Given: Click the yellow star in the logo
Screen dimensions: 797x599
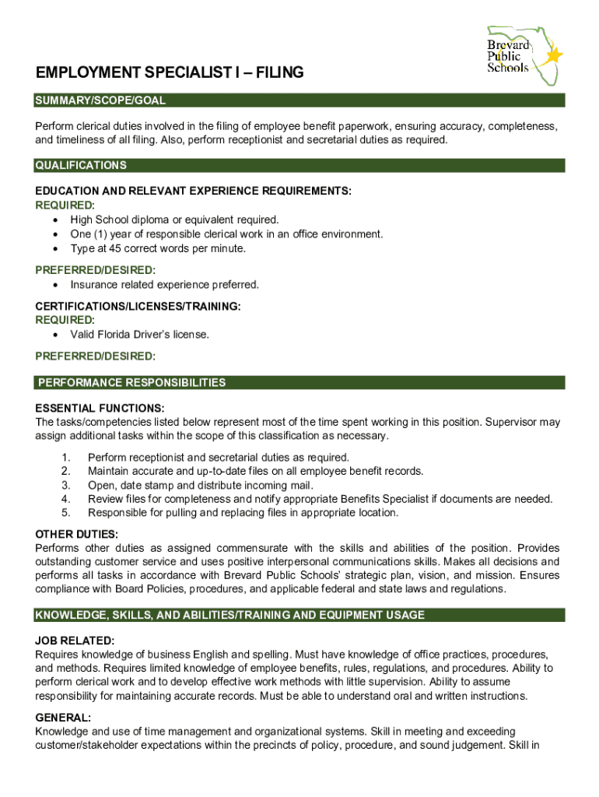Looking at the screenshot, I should (554, 55).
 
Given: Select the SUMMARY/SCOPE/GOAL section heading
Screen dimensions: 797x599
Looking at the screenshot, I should (100, 100).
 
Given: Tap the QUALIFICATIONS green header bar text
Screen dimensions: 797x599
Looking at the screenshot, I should (81, 165).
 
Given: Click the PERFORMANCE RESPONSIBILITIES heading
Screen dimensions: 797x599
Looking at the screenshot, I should (131, 382).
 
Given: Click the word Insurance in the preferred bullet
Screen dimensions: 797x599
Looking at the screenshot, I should (93, 284).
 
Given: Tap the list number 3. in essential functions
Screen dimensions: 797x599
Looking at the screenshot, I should (66, 485).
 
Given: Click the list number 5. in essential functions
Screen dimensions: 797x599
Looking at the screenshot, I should (66, 513).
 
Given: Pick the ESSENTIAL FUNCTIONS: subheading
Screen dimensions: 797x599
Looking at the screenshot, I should (100, 408).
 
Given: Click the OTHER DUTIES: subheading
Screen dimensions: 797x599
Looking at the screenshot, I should (77, 534).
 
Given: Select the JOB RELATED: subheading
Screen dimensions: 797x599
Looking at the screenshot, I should (75, 641).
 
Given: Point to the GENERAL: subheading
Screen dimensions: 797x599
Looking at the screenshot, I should (63, 717).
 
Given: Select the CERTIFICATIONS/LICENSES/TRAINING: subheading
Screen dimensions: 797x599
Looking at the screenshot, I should (138, 307).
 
